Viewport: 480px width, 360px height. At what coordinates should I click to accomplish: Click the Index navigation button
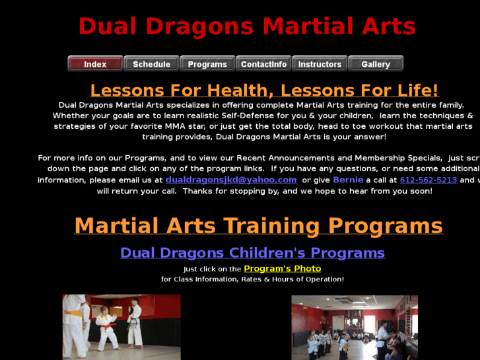(95, 64)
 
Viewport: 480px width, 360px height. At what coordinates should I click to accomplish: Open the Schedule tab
(151, 64)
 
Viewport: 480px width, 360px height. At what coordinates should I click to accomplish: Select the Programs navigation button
(207, 64)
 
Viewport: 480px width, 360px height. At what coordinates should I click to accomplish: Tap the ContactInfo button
(263, 64)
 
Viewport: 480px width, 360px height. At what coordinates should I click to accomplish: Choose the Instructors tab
(320, 64)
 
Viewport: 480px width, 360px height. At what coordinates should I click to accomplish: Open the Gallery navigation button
(376, 64)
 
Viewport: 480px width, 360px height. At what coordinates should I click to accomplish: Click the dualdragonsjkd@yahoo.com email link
(231, 180)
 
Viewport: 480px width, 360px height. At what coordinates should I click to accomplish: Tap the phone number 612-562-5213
(429, 180)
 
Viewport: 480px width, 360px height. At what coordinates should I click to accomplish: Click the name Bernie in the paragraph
(348, 180)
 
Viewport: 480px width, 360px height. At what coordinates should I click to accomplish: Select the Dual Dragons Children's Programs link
(252, 253)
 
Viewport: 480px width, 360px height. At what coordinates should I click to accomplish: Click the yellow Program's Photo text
(283, 269)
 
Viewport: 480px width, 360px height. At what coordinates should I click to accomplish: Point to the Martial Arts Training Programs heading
(258, 226)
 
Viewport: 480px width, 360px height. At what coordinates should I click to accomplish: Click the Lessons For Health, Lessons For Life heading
(264, 90)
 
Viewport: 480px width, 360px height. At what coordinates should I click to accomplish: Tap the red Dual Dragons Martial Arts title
(247, 26)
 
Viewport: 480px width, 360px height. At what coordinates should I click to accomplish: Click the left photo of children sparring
(121, 327)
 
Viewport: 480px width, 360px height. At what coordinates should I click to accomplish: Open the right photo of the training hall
(355, 327)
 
